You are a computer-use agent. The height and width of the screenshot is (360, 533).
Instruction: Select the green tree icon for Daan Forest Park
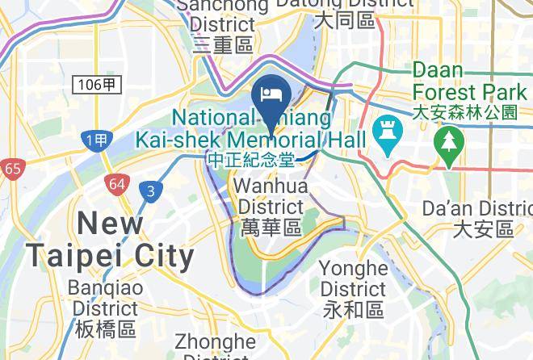point(444,142)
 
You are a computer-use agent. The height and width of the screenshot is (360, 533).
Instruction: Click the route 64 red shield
point(116,184)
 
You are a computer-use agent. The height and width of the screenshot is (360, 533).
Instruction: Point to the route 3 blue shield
point(149,190)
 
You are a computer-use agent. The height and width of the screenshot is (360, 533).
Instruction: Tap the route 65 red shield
point(12,170)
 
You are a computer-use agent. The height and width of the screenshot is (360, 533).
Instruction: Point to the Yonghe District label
point(353,278)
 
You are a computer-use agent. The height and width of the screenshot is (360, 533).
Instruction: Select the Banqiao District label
point(105,298)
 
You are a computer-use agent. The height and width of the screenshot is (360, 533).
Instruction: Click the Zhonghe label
point(215,342)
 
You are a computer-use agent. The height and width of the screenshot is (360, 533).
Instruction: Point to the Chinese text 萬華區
point(271,228)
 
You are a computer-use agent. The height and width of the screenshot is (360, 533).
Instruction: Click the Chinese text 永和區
point(353,309)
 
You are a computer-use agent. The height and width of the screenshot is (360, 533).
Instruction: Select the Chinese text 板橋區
point(105,329)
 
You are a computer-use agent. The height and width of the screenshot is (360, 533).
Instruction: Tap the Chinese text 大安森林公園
point(464,112)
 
